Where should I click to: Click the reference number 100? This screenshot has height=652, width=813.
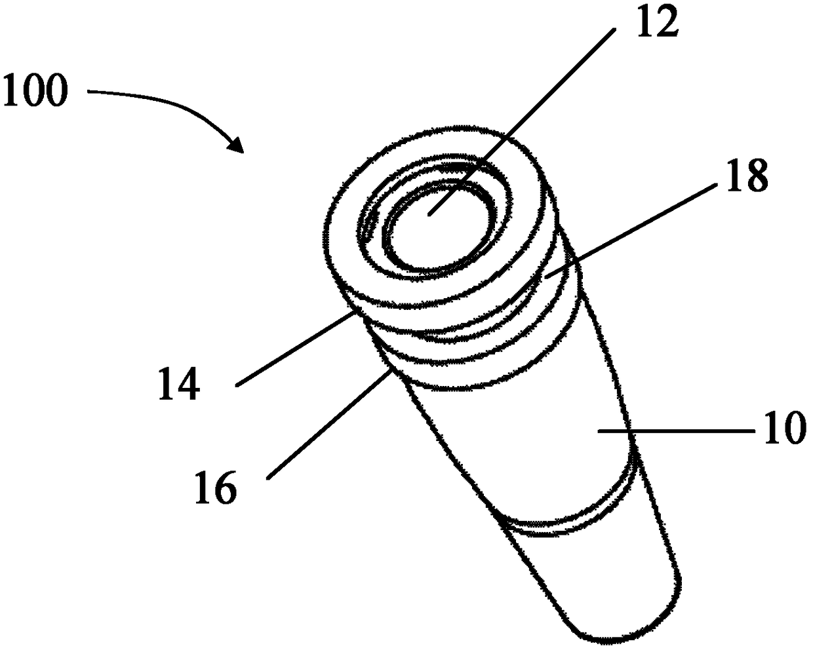35,91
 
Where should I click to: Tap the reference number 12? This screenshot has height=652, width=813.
657,21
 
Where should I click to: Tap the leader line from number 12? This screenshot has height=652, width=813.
521,123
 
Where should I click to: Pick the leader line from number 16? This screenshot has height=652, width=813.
328,425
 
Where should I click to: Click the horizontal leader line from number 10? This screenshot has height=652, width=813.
676,431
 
